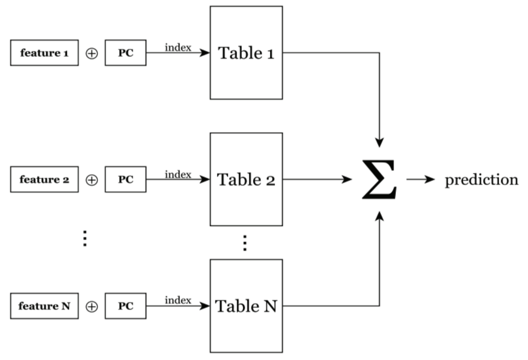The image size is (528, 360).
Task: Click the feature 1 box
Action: coord(44,53)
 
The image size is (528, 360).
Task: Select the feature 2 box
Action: coord(44,180)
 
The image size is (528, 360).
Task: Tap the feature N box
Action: coord(44,306)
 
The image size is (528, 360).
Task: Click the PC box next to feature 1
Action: coord(126,53)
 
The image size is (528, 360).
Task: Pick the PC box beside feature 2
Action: coord(126,180)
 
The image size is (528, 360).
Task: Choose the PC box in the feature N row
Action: coord(126,306)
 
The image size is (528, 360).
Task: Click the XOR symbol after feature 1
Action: coord(92,54)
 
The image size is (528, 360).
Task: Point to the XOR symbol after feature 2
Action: coord(92,180)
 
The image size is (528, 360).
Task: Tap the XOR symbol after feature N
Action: coord(92,307)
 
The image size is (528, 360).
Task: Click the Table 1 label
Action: coord(246,53)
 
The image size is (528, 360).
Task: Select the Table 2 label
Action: coord(246,180)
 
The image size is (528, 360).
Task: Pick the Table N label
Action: coord(246,306)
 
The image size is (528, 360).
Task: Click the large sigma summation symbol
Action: coord(379,180)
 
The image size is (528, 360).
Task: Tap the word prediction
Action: coord(481,180)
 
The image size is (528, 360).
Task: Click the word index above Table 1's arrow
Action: coord(178,47)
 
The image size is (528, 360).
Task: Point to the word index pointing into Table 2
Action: coord(178,174)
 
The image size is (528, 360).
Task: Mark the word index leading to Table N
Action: coord(178,300)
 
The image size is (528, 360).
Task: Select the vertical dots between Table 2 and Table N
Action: coord(245,243)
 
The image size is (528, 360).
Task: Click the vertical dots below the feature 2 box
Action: coord(85,238)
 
